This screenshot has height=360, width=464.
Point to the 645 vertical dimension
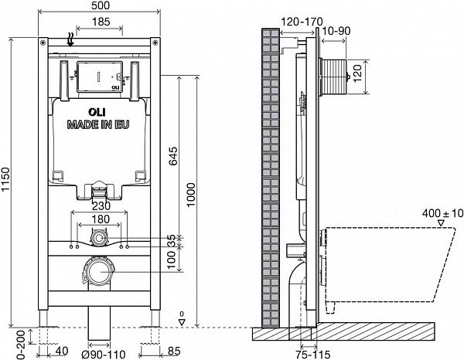click(x=174, y=159)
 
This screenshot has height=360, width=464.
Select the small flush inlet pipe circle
click(x=99, y=240)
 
